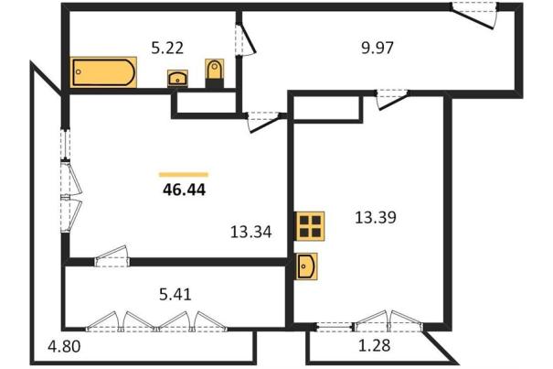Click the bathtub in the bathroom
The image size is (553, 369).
pyautogui.click(x=103, y=72)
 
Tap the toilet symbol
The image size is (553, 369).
pyautogui.click(x=215, y=72)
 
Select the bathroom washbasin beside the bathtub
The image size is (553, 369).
pyautogui.click(x=177, y=79)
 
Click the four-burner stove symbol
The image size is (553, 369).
pyautogui.click(x=310, y=226)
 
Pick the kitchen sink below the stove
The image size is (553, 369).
pyautogui.click(x=306, y=266)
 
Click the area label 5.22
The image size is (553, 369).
pyautogui.click(x=167, y=48)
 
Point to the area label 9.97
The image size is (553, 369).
pyautogui.click(x=377, y=48)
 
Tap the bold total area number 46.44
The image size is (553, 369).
pyautogui.click(x=184, y=190)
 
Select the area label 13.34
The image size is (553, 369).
pyautogui.click(x=250, y=232)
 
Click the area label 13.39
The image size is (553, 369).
pyautogui.click(x=376, y=217)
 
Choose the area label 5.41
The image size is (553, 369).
pyautogui.click(x=175, y=294)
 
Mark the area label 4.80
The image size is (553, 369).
pyautogui.click(x=64, y=346)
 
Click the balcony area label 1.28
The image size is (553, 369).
pyautogui.click(x=374, y=345)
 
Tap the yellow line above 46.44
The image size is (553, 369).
pyautogui.click(x=184, y=174)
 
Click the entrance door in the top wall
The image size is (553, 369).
pyautogui.click(x=474, y=15)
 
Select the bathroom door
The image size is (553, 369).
pyautogui.click(x=245, y=38)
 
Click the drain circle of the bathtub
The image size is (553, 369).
pyautogui.click(x=79, y=71)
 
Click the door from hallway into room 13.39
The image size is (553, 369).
pyautogui.click(x=392, y=99)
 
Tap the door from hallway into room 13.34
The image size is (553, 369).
pyautogui.click(x=264, y=122)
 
